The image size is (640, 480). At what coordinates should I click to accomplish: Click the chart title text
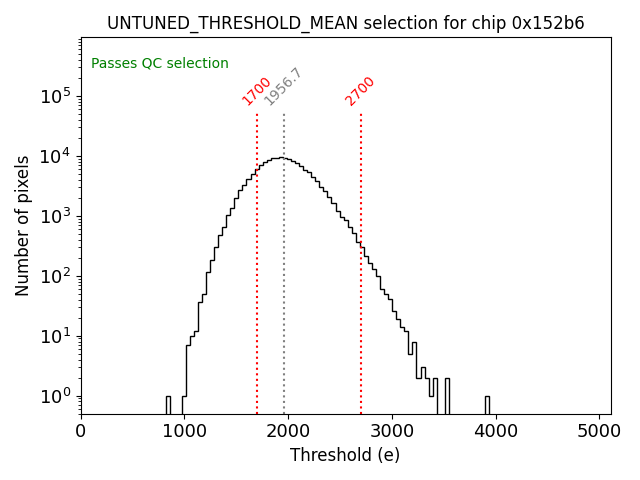345,23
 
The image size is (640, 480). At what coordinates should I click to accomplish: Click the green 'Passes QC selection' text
160,63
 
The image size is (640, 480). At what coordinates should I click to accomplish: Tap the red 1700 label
257,91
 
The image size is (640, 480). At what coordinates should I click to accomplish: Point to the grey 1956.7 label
283,87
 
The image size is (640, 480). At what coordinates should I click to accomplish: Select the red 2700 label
360,91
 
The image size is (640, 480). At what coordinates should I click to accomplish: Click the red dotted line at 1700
257,260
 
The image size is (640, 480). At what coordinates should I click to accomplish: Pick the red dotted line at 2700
361,300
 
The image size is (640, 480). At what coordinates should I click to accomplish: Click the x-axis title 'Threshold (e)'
345,455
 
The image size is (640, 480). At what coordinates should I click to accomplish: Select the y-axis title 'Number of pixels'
22,225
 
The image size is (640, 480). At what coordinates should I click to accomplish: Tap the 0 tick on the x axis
81,431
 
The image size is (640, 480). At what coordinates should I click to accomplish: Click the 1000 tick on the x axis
185,431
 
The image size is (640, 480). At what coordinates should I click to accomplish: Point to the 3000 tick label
392,431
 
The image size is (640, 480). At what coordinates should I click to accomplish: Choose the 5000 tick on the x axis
600,431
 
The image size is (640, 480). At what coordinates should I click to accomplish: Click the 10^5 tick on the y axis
54,96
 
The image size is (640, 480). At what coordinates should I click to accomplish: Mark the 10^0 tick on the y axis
54,396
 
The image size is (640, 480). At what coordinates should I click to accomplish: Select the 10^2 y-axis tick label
54,276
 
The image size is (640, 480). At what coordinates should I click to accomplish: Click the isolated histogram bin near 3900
487,404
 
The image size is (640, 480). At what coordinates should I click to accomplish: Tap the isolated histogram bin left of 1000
168,404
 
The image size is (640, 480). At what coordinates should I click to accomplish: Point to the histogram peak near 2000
284,158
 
